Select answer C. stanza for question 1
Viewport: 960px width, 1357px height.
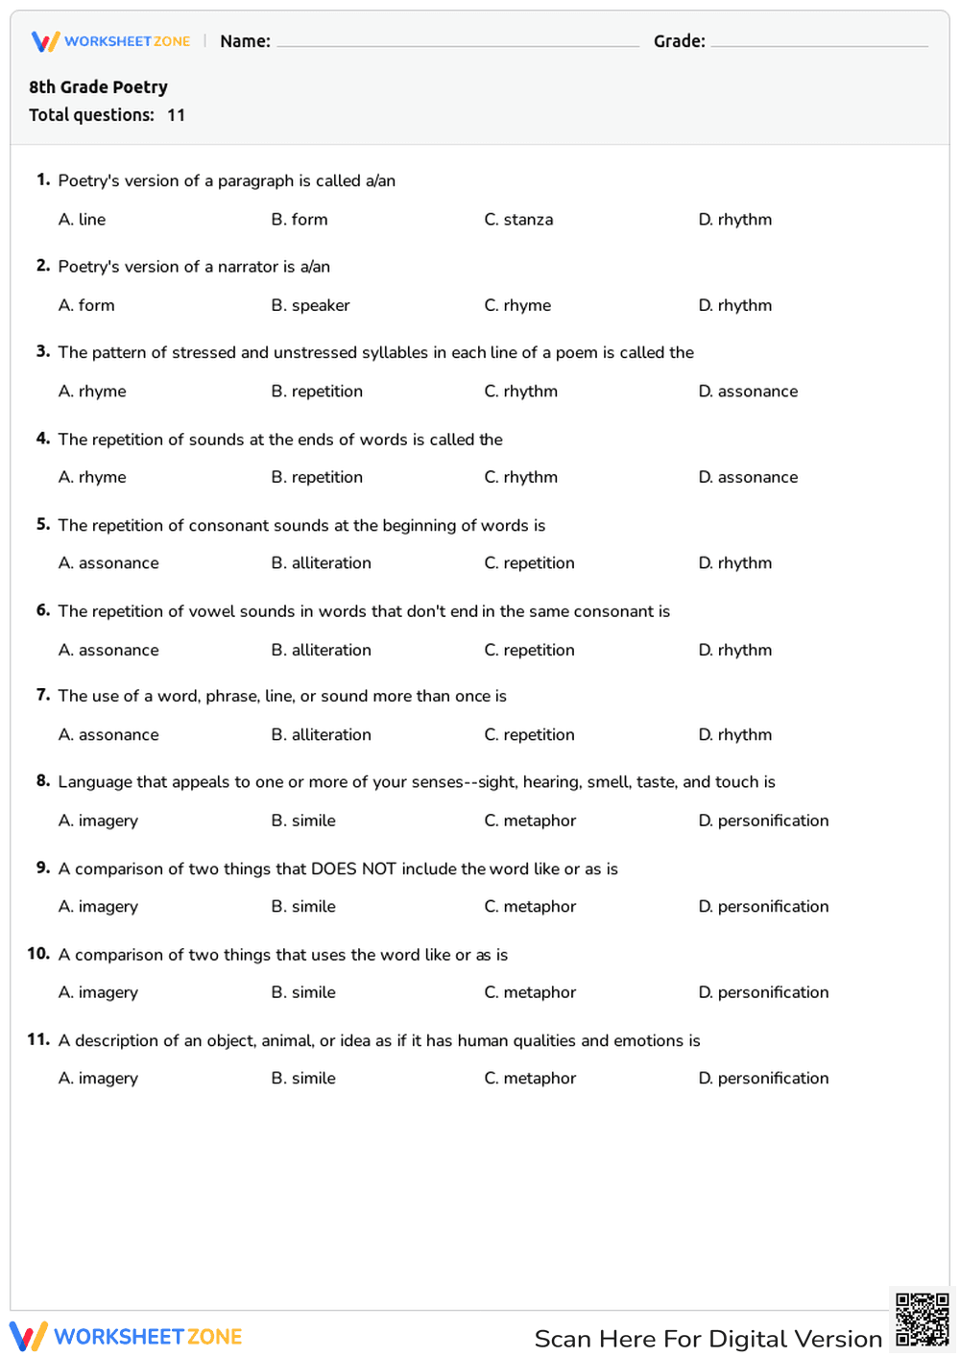tap(518, 220)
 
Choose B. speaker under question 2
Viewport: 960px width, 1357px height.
tap(310, 305)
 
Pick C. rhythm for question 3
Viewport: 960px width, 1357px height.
tap(520, 392)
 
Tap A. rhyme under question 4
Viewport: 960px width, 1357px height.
tap(92, 477)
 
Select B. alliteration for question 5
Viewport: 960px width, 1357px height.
tap(321, 563)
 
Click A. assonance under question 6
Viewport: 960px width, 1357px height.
tap(108, 650)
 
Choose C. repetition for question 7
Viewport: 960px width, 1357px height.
tap(529, 735)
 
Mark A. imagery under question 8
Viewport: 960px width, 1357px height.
tap(98, 821)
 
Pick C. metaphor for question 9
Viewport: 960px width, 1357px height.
tap(530, 907)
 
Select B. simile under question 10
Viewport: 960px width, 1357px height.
tap(303, 992)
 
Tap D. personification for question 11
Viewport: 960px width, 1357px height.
tap(763, 1079)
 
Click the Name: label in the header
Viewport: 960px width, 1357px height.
tap(245, 41)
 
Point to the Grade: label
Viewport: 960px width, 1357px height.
tap(679, 41)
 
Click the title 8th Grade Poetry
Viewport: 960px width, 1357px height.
tap(98, 87)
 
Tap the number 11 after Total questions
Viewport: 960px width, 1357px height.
tap(176, 115)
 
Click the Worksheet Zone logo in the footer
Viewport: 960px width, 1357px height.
tap(126, 1336)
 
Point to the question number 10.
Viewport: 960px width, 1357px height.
tap(38, 954)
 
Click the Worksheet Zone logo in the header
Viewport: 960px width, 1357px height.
tap(111, 41)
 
